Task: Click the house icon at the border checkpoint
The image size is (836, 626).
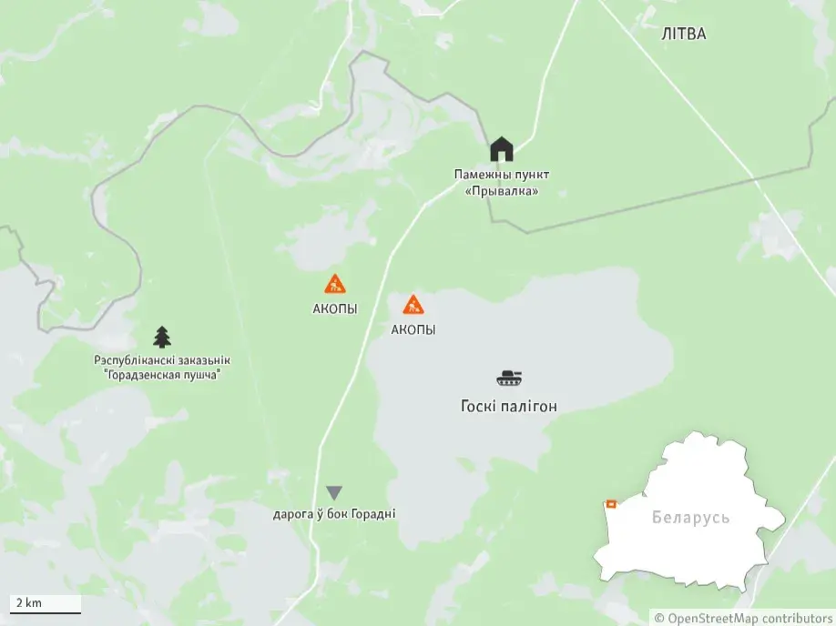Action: click(502, 148)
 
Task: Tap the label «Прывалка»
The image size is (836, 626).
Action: click(502, 191)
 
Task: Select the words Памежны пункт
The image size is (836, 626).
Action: click(502, 174)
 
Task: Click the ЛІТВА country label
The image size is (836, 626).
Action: click(683, 35)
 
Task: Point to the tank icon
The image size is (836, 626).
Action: click(509, 378)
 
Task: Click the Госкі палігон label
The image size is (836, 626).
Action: click(509, 407)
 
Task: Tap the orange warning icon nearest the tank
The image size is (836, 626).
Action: click(413, 305)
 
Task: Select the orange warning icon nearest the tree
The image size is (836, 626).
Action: click(335, 284)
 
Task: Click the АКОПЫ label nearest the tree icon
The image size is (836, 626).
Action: click(335, 309)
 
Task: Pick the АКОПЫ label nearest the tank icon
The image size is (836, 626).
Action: click(413, 330)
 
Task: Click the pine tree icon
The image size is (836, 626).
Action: click(162, 337)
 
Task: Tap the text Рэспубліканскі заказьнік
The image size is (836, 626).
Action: click(162, 360)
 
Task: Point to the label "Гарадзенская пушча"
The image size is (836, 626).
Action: click(162, 375)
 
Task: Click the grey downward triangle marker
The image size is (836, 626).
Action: click(334, 492)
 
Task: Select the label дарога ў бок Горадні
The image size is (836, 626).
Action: click(334, 514)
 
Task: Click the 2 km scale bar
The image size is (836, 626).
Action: click(45, 604)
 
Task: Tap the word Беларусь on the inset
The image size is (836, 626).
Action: click(691, 518)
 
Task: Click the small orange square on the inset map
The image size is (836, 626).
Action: click(611, 503)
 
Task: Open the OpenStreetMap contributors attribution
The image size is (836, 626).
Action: click(744, 619)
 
